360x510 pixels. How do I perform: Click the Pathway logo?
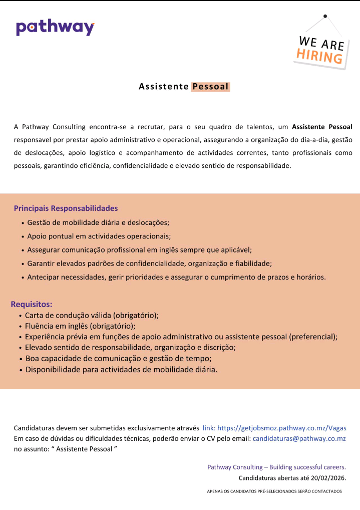click(x=55, y=28)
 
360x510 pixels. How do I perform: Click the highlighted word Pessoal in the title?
click(x=210, y=87)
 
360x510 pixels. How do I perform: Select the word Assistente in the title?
click(x=163, y=87)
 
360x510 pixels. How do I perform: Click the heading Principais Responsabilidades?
click(x=66, y=208)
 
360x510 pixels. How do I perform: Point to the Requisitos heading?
click(x=32, y=304)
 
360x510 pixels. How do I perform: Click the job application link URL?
click(x=282, y=428)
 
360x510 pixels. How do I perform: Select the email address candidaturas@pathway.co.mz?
click(x=299, y=438)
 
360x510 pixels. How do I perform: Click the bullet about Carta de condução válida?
click(x=92, y=316)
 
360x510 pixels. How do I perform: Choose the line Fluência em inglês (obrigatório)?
click(x=80, y=326)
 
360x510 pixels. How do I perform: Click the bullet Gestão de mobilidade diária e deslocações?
click(x=98, y=222)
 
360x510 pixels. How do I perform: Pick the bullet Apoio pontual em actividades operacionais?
click(x=99, y=235)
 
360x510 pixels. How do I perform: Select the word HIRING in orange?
click(x=319, y=56)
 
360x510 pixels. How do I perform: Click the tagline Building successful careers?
click(x=307, y=467)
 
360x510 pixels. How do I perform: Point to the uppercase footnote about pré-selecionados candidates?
click(x=274, y=491)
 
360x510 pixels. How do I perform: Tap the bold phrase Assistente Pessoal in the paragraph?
click(x=322, y=126)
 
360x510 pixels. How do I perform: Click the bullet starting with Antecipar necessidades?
click(x=176, y=277)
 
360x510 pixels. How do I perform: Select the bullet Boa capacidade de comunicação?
click(x=118, y=358)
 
